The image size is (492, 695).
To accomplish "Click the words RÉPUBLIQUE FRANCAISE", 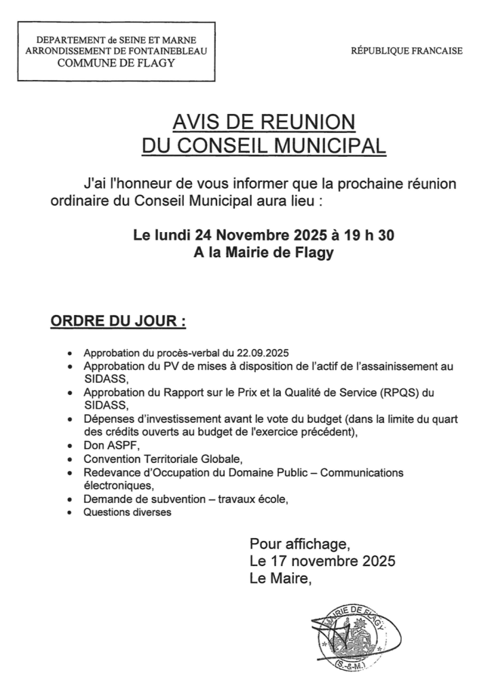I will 406,51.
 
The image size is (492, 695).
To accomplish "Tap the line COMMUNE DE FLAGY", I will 116,63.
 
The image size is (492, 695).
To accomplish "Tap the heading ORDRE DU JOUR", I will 118,320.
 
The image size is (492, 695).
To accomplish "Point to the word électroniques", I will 119,485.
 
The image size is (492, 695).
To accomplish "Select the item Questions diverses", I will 128,512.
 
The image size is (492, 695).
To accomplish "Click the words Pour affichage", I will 300,544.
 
